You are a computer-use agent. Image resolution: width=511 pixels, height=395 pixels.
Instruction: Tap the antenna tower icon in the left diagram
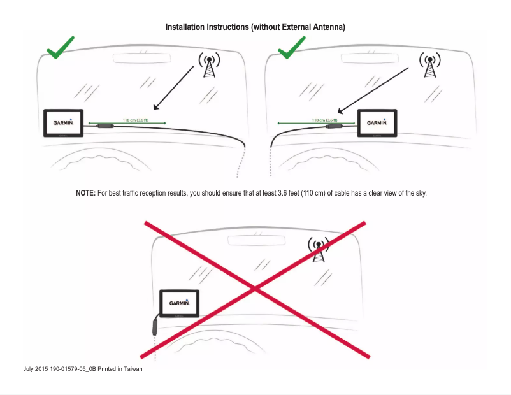click(x=209, y=64)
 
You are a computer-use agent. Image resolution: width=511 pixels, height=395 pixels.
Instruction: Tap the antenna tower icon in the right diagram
click(x=429, y=64)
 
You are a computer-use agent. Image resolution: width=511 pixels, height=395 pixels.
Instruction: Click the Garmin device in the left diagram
click(x=63, y=123)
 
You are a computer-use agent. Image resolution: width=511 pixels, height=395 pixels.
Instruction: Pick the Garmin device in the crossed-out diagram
click(x=179, y=304)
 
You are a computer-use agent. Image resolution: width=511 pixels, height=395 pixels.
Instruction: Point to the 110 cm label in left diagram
click(x=127, y=119)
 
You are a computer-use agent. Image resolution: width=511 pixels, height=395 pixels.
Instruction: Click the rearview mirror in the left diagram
click(x=143, y=58)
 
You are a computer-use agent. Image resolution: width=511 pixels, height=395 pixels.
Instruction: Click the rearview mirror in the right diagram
click(x=372, y=58)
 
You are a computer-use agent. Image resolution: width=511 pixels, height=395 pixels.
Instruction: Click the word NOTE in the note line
click(x=85, y=193)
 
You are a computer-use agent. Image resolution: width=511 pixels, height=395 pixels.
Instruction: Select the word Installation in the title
click(x=185, y=27)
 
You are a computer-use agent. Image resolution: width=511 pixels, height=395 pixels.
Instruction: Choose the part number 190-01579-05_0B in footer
click(x=73, y=369)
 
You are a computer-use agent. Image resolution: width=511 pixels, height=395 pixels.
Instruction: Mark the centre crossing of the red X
click(x=255, y=289)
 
